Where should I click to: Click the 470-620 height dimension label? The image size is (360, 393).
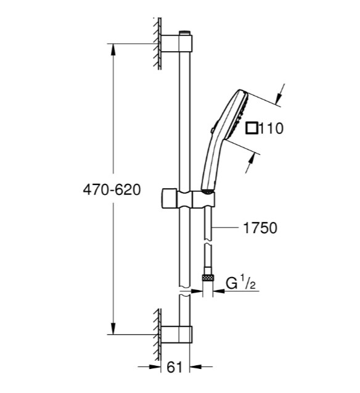[x=112, y=190]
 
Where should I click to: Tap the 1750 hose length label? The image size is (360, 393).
[x=260, y=228]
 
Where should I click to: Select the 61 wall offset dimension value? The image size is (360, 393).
[x=174, y=368]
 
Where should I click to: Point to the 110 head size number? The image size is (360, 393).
[x=271, y=128]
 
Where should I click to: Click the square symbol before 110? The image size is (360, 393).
[x=252, y=128]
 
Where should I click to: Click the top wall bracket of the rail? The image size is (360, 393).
[x=176, y=44]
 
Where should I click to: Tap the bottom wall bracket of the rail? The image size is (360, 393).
[x=176, y=334]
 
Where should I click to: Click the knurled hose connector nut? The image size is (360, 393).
[x=208, y=278]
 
